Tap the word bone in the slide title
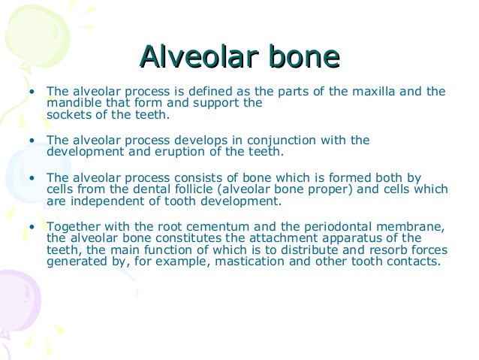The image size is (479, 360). [297, 57]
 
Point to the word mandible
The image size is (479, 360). [73, 103]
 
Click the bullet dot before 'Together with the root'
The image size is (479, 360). [32, 228]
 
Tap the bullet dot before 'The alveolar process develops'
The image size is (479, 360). [32, 140]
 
